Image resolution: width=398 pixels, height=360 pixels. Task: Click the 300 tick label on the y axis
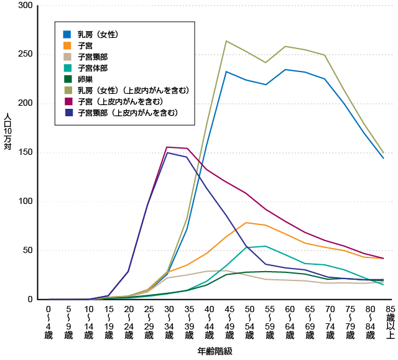click(x=25, y=6)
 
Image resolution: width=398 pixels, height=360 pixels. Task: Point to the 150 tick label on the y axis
click(x=25, y=152)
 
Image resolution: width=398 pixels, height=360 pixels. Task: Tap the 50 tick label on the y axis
click(x=27, y=251)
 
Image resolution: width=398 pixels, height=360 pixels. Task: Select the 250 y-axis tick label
click(x=25, y=55)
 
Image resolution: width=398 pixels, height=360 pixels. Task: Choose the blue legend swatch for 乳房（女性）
click(x=67, y=33)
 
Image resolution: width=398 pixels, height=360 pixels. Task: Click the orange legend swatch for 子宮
click(x=67, y=45)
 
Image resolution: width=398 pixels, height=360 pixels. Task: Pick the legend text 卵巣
click(x=86, y=79)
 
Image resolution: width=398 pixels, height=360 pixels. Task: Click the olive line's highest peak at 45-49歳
click(x=226, y=41)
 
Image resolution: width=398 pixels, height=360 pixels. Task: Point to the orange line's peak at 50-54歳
click(x=247, y=223)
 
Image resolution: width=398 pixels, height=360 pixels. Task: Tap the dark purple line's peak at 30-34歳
click(x=167, y=152)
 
